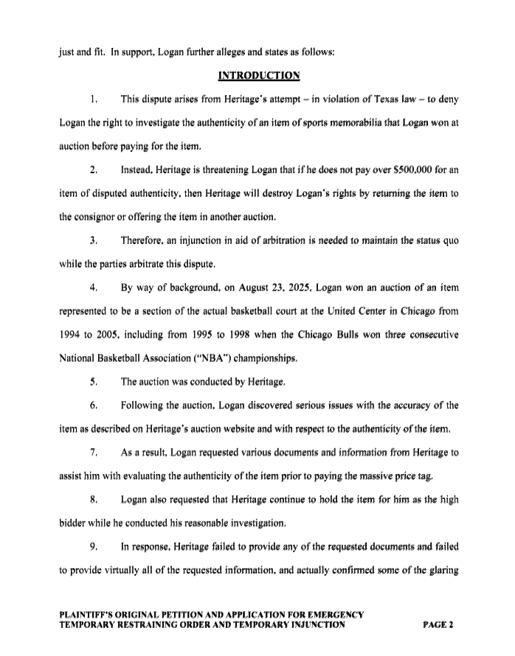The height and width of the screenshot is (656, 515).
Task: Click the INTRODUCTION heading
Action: coord(257,75)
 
